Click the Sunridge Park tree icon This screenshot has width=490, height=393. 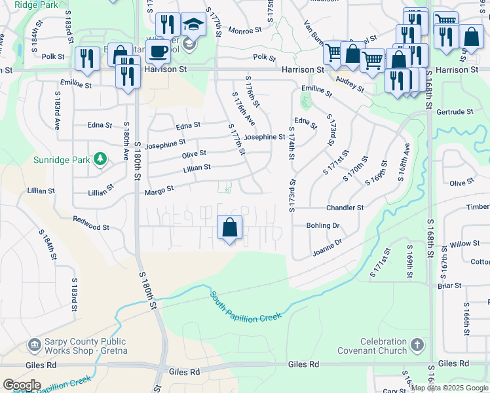[100, 159]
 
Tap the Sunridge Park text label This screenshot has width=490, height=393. [63, 160]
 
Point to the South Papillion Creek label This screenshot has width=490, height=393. [246, 307]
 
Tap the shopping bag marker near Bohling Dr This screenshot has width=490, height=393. [229, 229]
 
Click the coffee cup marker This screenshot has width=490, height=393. [157, 50]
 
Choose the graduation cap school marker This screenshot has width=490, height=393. [193, 25]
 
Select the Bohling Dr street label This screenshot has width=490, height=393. [323, 225]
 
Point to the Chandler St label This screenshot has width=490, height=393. [345, 208]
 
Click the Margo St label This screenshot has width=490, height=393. [159, 190]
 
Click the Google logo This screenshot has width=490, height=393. [22, 385]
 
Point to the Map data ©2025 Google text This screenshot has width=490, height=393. [450, 388]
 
